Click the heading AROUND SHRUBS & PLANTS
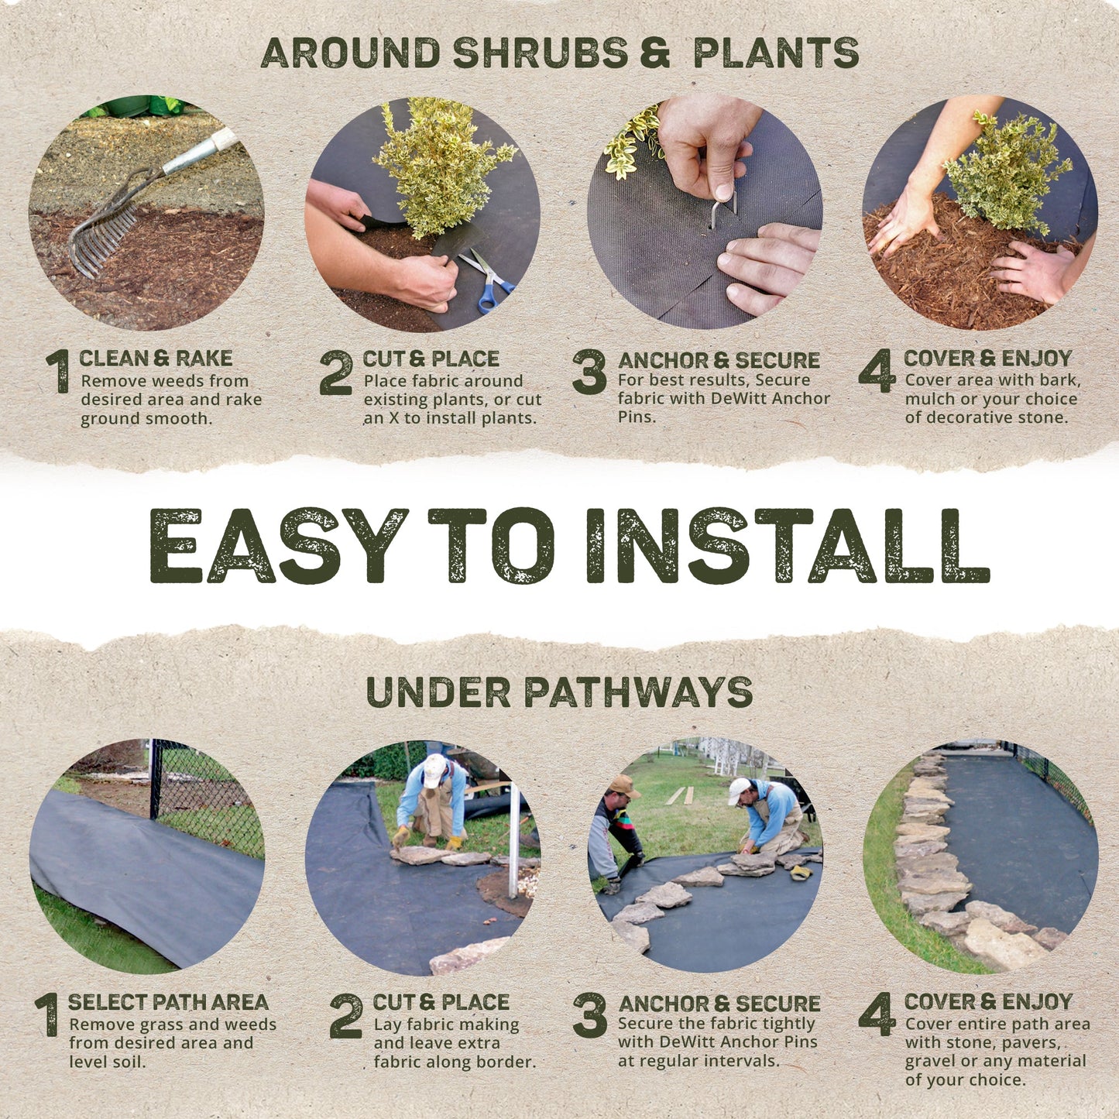[559, 53]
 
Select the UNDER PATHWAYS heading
[559, 692]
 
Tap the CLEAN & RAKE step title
[156, 358]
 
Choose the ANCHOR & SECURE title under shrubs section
[719, 360]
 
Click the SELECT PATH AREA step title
[168, 1001]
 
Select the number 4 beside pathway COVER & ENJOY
[877, 1014]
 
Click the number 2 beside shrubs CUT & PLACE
[336, 372]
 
